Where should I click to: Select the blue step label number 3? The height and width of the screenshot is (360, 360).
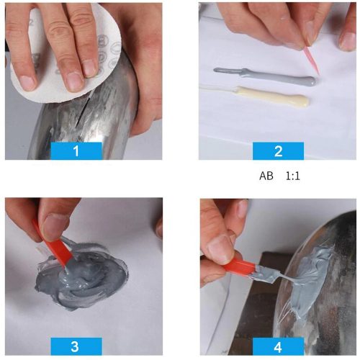(x=76, y=346)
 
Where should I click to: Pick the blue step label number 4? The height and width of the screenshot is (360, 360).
(x=278, y=346)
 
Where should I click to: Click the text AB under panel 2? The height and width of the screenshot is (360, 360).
(x=266, y=175)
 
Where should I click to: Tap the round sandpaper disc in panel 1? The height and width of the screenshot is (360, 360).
(x=43, y=79)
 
